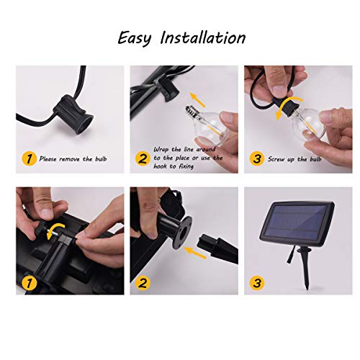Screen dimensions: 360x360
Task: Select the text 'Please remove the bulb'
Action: click(x=72, y=157)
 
